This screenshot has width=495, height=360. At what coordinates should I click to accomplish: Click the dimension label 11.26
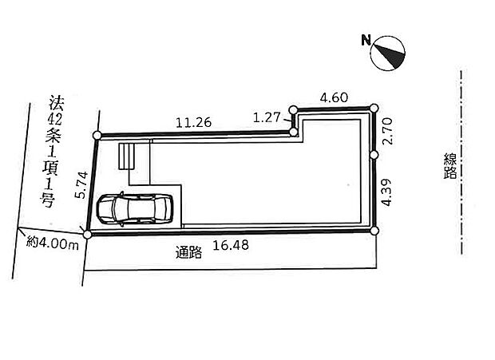point(193,122)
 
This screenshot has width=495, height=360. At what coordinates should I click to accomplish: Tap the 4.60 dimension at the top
point(334,97)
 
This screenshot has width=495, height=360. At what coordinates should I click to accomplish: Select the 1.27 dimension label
point(267,117)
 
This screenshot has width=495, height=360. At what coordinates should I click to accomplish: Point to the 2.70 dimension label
point(387,131)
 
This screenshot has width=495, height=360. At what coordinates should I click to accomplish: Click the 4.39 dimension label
point(386,192)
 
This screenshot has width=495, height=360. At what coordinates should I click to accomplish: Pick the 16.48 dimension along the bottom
point(231,245)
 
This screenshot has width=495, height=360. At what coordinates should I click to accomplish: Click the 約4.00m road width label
point(53,243)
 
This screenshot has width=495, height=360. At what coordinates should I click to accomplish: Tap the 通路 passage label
point(188,252)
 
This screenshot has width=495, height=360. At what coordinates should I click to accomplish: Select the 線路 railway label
point(450,166)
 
